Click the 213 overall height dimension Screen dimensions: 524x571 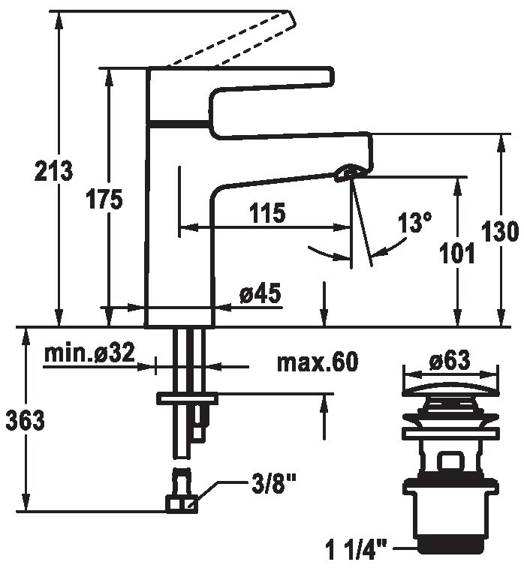click(53, 170)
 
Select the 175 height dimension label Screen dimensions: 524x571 click(104, 199)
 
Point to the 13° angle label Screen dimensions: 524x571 click(414, 222)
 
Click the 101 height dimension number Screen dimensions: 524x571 click(457, 253)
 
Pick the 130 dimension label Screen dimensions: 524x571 click(499, 231)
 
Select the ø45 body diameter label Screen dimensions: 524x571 click(260, 293)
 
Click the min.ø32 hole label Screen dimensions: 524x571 click(89, 352)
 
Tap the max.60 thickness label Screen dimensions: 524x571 click(318, 362)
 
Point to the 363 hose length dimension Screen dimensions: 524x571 click(25, 420)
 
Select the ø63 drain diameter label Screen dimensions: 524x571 click(450, 360)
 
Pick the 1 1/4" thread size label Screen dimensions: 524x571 click(357, 550)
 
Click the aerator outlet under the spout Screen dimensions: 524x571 click(348, 172)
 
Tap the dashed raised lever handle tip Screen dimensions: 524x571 click(291, 20)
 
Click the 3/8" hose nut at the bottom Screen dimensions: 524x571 click(182, 504)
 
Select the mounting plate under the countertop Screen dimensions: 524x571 click(187, 398)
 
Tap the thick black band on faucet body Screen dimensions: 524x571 click(179, 124)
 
